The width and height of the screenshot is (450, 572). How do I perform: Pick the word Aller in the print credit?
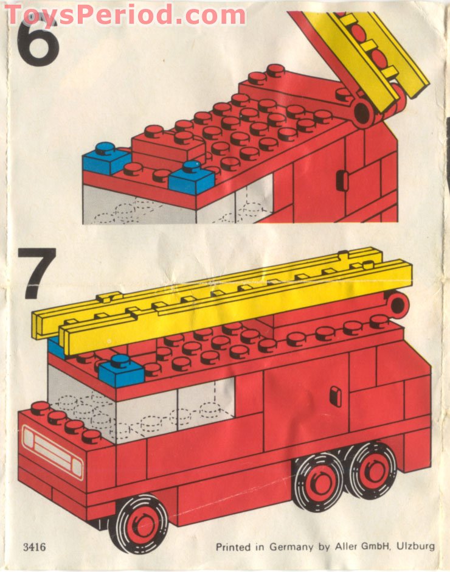[x=347, y=546]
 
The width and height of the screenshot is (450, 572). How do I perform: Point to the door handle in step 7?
[x=335, y=396]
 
